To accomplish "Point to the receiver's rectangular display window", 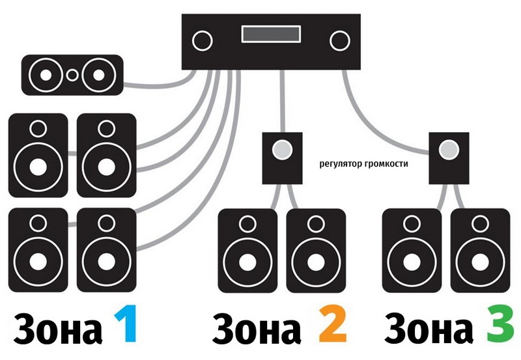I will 270,34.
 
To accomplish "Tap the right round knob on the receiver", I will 339,40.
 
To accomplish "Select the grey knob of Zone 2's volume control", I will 281,149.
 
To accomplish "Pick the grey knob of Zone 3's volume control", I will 449,150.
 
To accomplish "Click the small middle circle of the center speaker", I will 72,74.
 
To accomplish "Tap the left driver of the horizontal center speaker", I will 46,74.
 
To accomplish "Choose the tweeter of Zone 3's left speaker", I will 412,223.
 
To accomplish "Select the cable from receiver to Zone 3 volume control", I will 378,117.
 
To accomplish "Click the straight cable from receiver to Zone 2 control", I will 282,101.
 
